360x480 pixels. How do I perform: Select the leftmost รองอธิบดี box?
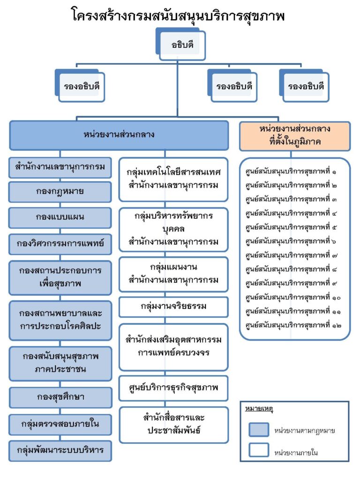[x=80, y=86]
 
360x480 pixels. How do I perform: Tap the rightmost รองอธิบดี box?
[x=304, y=86]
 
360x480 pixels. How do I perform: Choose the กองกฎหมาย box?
[x=60, y=192]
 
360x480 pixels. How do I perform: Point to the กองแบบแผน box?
[x=60, y=217]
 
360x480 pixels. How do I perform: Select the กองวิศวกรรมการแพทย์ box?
[x=60, y=244]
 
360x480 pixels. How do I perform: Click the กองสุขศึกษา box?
[x=60, y=397]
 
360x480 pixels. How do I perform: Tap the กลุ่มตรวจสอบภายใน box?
[x=60, y=425]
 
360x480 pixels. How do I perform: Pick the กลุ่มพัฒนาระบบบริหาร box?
[x=60, y=451]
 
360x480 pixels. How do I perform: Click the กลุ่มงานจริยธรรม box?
[x=173, y=307]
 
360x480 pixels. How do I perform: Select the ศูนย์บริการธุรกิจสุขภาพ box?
[x=173, y=388]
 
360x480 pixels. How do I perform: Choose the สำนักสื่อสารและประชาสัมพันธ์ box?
[x=174, y=425]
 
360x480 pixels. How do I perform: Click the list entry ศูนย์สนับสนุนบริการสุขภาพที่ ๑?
[x=291, y=171]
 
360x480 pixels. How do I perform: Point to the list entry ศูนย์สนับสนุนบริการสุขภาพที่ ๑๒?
[x=293, y=325]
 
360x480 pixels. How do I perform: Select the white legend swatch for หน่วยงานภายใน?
[x=259, y=450]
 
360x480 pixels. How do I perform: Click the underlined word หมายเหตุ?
[x=259, y=409]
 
